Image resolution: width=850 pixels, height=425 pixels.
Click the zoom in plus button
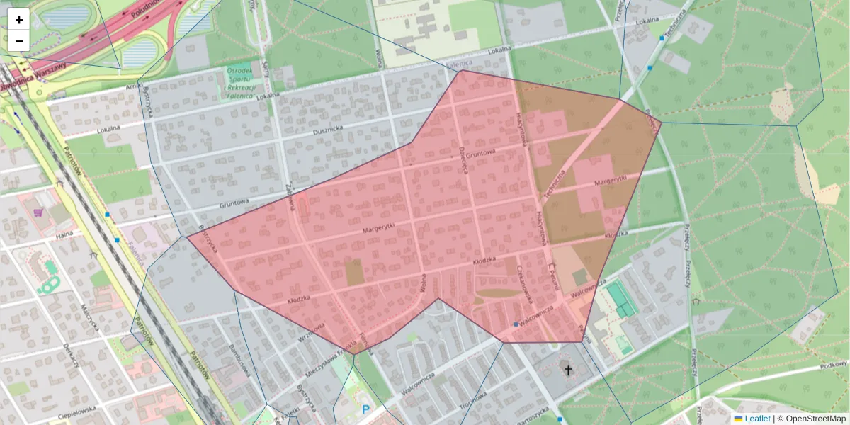pos(19,20)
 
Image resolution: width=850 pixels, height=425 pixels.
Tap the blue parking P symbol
pos(365,409)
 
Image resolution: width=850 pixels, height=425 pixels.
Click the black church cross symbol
pos(567,370)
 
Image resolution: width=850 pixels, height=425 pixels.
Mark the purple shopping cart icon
pos(38,211)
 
